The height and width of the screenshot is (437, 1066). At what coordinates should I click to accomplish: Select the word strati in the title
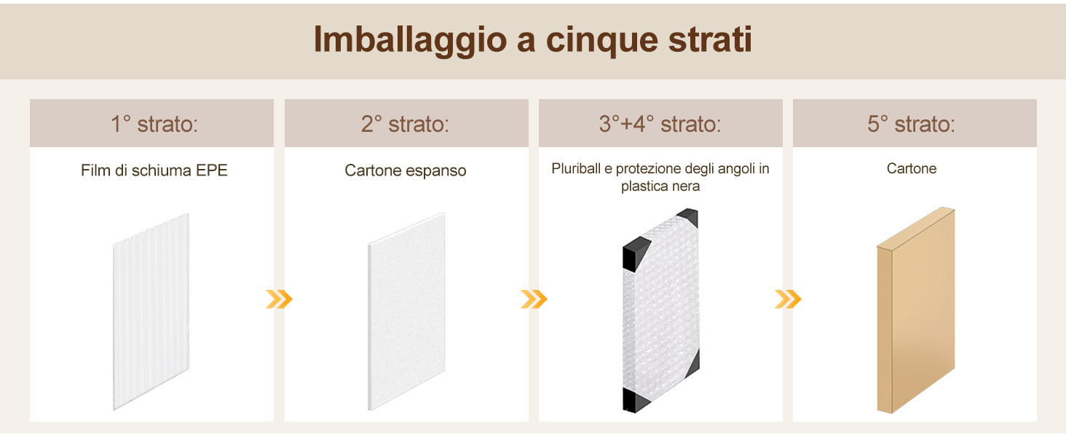(x=710, y=39)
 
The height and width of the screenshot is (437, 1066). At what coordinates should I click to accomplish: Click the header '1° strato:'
(x=154, y=125)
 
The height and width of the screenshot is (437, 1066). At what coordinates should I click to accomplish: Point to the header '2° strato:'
(x=405, y=125)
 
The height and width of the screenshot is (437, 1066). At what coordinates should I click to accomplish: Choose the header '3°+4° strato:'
(x=660, y=125)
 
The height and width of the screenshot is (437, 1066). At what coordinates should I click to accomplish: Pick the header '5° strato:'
(x=911, y=125)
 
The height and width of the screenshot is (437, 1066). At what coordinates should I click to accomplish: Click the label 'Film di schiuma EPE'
(x=154, y=170)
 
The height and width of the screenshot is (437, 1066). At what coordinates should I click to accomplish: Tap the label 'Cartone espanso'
(x=406, y=170)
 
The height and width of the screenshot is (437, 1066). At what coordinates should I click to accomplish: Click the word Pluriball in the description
(x=576, y=168)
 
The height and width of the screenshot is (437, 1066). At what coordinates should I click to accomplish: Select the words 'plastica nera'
(x=660, y=186)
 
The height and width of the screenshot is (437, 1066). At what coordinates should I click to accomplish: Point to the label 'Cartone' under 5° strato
(x=912, y=168)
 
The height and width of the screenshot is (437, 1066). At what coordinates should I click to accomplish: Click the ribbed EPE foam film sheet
(x=151, y=311)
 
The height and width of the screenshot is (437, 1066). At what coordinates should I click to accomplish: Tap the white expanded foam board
(x=406, y=311)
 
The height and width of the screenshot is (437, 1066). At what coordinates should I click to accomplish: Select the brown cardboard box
(x=916, y=310)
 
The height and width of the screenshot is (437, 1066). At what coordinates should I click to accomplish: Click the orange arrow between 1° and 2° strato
(x=279, y=299)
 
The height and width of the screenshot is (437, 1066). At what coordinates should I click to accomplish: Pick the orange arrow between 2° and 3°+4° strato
(x=534, y=299)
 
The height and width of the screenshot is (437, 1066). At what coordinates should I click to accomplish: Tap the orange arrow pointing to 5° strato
(x=788, y=299)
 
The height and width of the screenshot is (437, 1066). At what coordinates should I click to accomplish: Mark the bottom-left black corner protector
(x=634, y=400)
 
